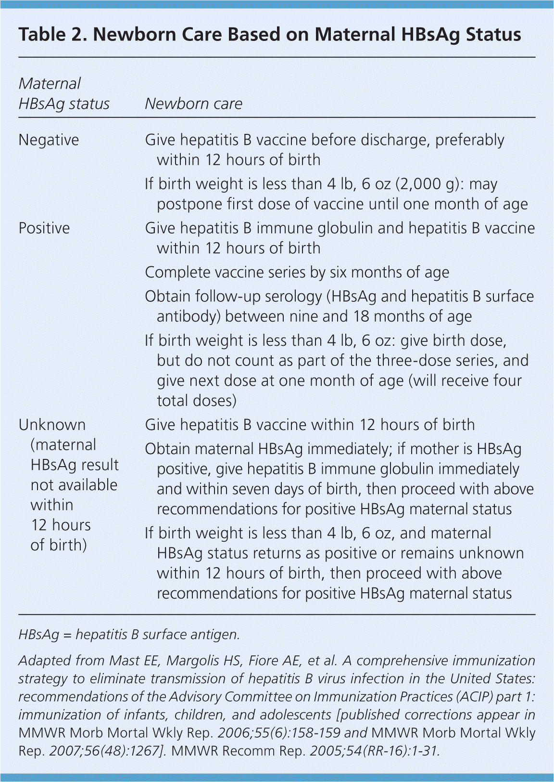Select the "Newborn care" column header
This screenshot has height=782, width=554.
coord(193,104)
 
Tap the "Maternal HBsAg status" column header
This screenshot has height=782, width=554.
coord(63,94)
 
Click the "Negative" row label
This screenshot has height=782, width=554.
coord(49,140)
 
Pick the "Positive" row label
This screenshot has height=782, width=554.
coord(44,228)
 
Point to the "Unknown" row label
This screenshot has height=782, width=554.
coord(52,425)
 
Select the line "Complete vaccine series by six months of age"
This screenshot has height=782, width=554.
coord(297,273)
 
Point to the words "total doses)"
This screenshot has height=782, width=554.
coord(196,401)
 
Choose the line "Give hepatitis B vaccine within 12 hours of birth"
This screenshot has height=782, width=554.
coord(310,425)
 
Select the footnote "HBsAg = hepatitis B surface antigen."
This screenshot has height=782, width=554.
coord(129,635)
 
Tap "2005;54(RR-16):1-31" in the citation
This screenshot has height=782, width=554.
coord(374,751)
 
